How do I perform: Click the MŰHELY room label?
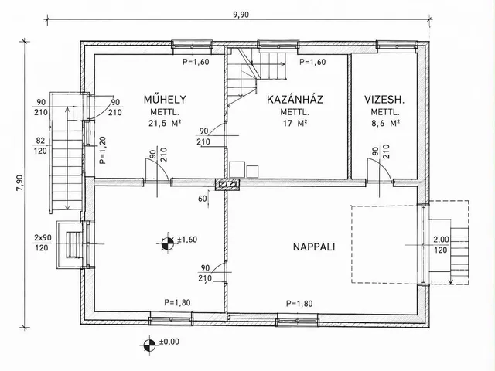tap(165, 100)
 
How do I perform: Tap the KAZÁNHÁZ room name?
tap(295, 100)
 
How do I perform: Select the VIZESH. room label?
tap(384, 100)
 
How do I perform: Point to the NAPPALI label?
tap(314, 247)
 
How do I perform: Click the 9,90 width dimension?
tap(241, 15)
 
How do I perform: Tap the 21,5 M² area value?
tap(165, 123)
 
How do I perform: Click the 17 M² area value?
tap(295, 123)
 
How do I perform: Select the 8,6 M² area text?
tap(386, 123)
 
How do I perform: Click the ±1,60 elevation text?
tap(187, 240)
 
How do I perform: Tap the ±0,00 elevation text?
tap(169, 342)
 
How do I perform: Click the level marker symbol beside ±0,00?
tap(148, 345)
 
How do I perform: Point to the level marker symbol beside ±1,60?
tap(167, 243)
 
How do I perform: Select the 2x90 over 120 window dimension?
tap(42, 243)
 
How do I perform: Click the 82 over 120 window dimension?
tap(41, 146)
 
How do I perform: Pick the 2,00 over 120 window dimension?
tap(441, 245)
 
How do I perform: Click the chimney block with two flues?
tap(227, 184)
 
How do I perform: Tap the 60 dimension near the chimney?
tap(203, 199)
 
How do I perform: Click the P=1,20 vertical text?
tap(102, 150)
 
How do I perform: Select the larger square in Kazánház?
tap(237, 169)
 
